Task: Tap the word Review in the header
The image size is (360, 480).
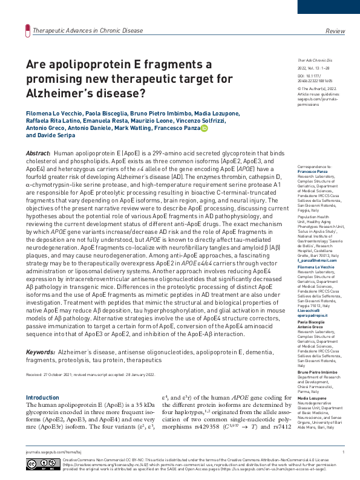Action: point(335,30)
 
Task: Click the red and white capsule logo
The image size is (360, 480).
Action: point(26,30)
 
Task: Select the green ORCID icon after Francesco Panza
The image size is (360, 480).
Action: point(205,128)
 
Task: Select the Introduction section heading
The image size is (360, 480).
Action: point(42,397)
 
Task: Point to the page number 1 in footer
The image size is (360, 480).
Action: point(343,452)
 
